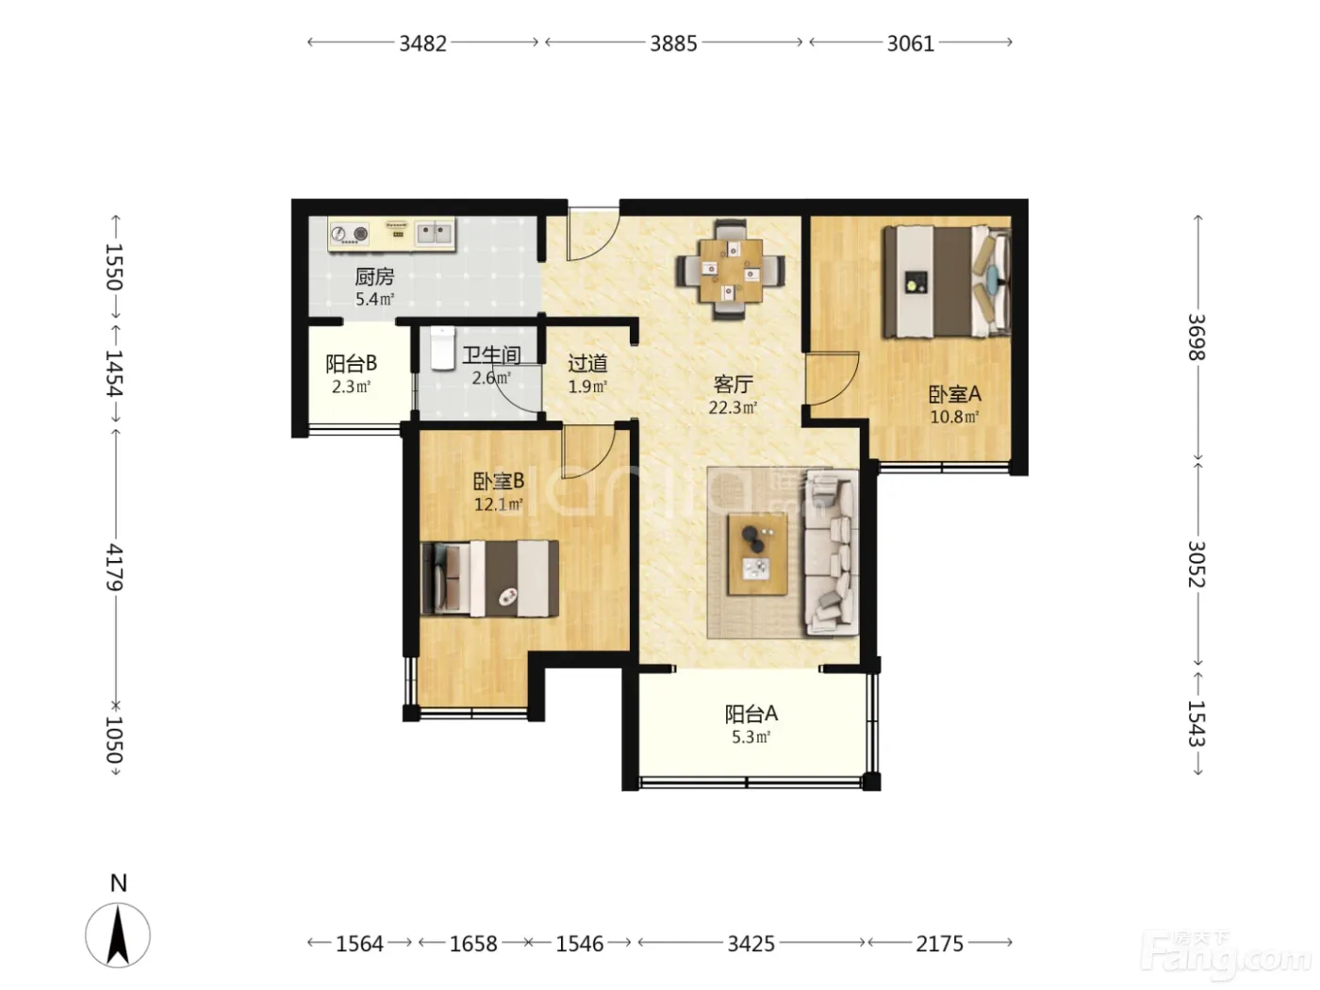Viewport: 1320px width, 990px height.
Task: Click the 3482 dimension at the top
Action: tap(422, 43)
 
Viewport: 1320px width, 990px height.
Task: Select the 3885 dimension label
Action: tap(673, 43)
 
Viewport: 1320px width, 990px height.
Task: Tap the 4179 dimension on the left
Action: tap(114, 568)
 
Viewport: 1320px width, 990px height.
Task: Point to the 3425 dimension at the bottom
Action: tap(751, 944)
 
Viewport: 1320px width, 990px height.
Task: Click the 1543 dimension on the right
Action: tap(1196, 723)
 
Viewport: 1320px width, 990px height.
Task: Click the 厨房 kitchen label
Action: tap(374, 276)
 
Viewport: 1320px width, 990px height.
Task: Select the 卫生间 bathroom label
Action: tap(491, 355)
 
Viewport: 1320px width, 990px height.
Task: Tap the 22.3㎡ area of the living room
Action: tap(733, 407)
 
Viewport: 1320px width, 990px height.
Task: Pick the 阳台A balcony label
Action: tap(751, 714)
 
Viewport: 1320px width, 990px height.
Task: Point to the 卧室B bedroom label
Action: tap(499, 481)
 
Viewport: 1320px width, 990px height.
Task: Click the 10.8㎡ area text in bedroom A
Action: tap(954, 417)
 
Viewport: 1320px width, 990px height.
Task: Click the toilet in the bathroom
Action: tap(442, 348)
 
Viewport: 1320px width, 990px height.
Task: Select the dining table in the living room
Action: tap(730, 271)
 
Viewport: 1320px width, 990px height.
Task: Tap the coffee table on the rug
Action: tap(757, 554)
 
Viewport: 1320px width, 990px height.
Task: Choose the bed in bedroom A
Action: tap(947, 281)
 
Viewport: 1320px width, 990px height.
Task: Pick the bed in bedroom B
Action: tap(489, 578)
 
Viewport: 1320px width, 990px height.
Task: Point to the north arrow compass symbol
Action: tap(118, 935)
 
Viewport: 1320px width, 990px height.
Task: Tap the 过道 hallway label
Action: tap(587, 363)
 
